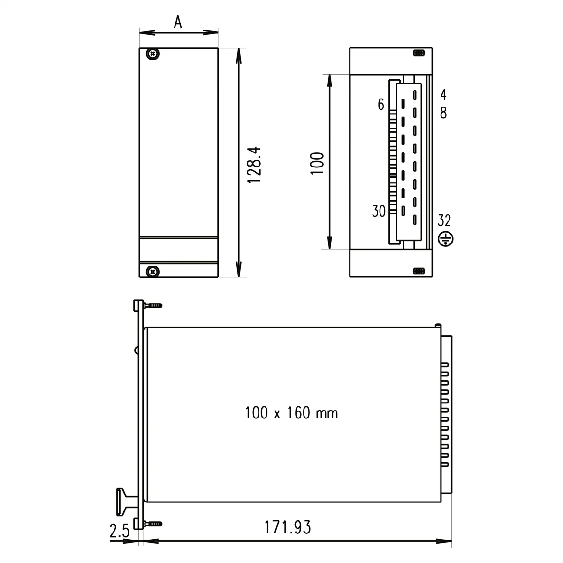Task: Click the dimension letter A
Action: click(x=178, y=22)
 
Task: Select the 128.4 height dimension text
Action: click(x=254, y=164)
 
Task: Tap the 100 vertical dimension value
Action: click(x=318, y=163)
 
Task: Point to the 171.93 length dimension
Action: click(x=288, y=527)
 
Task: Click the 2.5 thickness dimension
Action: click(x=119, y=532)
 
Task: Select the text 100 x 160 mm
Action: click(x=291, y=413)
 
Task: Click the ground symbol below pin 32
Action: click(x=445, y=239)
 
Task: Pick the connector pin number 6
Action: click(x=381, y=105)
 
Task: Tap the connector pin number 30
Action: click(x=379, y=212)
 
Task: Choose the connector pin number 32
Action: click(x=444, y=220)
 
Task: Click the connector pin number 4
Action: click(x=443, y=95)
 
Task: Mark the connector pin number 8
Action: click(x=443, y=113)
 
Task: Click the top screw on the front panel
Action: click(x=152, y=54)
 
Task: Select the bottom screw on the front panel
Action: click(x=152, y=271)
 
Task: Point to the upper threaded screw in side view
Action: click(x=153, y=305)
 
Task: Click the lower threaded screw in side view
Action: click(x=153, y=523)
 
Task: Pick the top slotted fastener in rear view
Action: click(x=418, y=53)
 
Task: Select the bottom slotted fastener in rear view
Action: click(x=418, y=271)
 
